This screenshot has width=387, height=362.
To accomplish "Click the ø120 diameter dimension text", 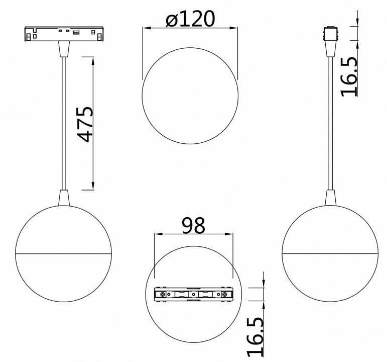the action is (190, 19).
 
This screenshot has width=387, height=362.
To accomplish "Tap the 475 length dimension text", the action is (85, 124).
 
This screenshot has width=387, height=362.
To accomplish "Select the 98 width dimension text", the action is (194, 226).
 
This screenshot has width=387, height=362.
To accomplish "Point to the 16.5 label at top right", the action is (349, 77).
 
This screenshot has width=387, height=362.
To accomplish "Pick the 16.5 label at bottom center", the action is (255, 337).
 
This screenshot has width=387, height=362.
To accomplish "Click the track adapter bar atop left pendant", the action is (64, 33).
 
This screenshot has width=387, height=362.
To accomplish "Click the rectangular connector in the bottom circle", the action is (194, 294).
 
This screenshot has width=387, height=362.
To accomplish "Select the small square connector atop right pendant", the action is (330, 33).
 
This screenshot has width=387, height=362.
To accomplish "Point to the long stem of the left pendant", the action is (64, 123).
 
